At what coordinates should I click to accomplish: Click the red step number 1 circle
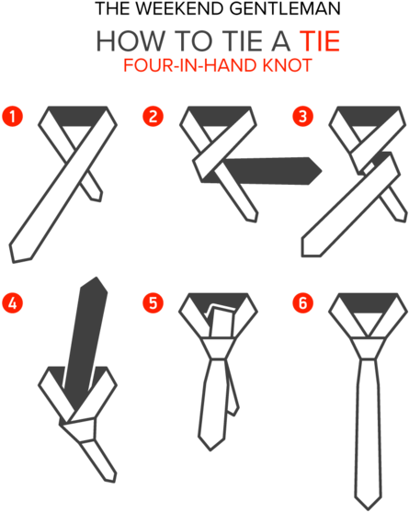(12, 117)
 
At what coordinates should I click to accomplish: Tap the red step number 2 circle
(153, 117)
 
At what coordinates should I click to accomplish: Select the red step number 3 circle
(303, 117)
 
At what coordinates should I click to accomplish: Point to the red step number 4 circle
(12, 303)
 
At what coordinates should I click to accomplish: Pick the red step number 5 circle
(153, 303)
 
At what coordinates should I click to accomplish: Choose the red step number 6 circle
(303, 303)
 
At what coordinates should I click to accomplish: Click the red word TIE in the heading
(320, 41)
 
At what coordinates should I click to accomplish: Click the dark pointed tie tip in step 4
(95, 283)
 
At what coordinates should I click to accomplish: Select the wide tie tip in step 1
(19, 254)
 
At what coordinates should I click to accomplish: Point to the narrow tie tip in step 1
(97, 196)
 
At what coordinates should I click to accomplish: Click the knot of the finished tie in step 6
(369, 348)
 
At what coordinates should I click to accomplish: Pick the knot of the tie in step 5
(218, 348)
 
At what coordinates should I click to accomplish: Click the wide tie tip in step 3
(311, 247)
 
